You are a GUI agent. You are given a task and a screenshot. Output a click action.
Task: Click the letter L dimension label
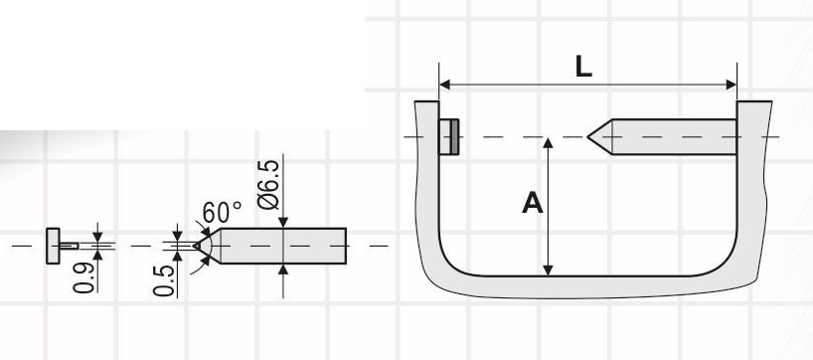point(583,67)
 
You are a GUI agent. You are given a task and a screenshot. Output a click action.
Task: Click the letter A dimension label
point(532,203)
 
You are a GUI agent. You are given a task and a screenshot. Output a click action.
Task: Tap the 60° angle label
point(222,212)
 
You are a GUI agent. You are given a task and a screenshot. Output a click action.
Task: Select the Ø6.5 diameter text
point(269,185)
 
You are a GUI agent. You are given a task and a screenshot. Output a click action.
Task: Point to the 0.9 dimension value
point(84,277)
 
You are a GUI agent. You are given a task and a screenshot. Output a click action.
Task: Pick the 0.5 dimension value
point(164,280)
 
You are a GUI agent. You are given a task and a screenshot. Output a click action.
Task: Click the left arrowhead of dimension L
point(445,85)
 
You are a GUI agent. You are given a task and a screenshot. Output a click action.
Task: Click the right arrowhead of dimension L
point(732,85)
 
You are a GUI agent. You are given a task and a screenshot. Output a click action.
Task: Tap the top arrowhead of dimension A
point(548,143)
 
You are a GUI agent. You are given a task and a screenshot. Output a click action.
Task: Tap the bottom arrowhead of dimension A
point(548,270)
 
